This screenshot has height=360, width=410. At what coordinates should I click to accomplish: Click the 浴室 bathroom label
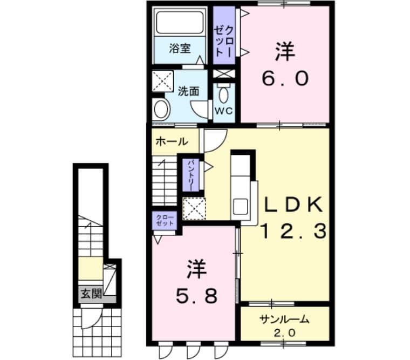pyautogui.click(x=180, y=49)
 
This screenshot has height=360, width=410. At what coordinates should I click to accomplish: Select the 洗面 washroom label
pyautogui.click(x=188, y=91)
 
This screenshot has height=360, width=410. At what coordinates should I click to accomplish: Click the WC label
pyautogui.click(x=223, y=111)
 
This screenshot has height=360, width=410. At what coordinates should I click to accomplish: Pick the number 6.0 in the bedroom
pyautogui.click(x=285, y=79)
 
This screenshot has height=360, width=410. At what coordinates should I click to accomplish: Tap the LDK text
pyautogui.click(x=294, y=205)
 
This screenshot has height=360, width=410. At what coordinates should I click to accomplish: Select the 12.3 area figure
pyautogui.click(x=295, y=232)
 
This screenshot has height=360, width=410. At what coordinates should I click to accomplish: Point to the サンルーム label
pyautogui.click(x=284, y=319)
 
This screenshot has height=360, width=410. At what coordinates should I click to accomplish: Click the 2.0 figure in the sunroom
pyautogui.click(x=284, y=332)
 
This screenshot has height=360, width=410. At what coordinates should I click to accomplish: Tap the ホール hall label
pyautogui.click(x=172, y=142)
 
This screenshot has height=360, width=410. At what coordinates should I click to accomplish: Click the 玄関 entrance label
pyautogui.click(x=90, y=294)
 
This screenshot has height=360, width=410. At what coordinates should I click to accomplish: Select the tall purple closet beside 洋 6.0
pyautogui.click(x=223, y=37)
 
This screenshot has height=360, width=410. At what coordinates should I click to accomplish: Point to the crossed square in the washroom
pyautogui.click(x=161, y=81)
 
